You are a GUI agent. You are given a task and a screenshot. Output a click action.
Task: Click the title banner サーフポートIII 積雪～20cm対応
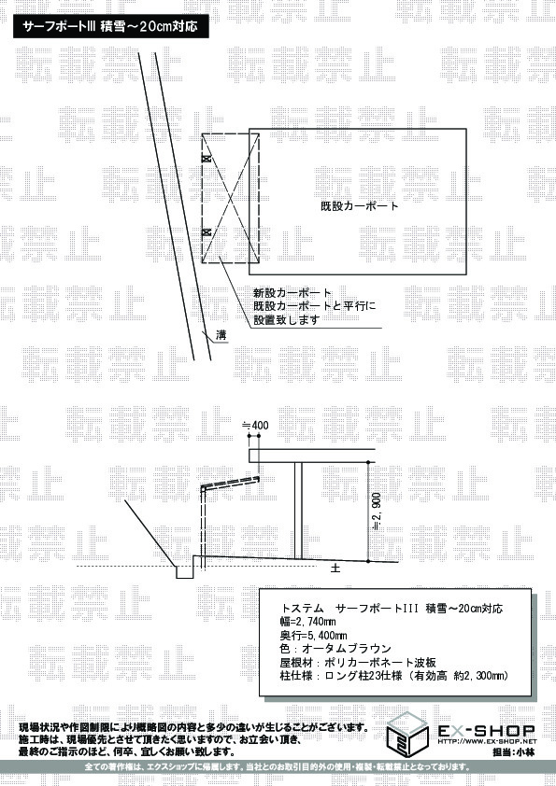110,27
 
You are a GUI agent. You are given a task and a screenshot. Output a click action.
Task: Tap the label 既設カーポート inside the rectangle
359,205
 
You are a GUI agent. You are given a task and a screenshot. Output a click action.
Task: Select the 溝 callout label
221,335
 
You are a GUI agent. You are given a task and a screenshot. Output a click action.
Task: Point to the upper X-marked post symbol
206,159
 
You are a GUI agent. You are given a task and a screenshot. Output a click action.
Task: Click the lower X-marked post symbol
206,232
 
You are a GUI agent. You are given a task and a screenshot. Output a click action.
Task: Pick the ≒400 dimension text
255,425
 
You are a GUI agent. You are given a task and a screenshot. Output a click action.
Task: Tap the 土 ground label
335,568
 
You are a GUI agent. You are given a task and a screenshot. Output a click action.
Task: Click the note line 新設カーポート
292,293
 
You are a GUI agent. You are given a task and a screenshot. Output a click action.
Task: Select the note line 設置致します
287,320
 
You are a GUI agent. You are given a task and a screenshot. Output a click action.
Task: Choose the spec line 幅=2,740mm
307,622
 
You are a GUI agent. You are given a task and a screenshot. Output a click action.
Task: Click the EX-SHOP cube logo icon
407,735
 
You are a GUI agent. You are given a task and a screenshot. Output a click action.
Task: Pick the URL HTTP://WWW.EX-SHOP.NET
487,741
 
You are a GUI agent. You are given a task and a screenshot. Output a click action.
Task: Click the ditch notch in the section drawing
184,572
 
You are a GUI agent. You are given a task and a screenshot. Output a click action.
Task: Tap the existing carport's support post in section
298,511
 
